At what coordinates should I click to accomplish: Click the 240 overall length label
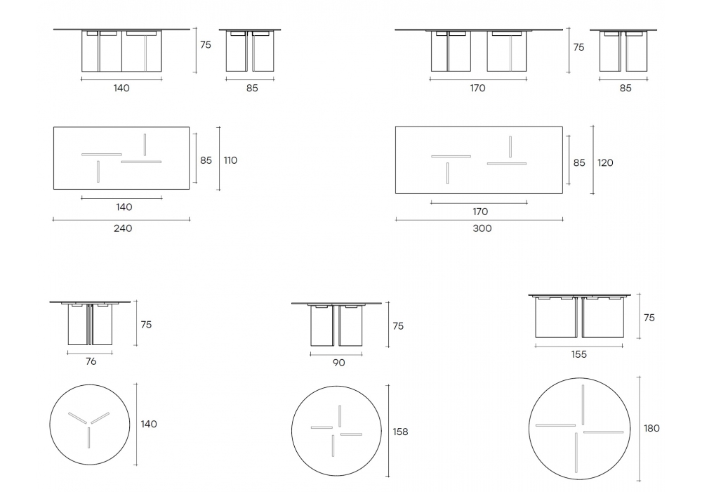point(123,228)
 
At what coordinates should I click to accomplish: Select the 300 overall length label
point(482,228)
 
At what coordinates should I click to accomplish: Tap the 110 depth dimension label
point(230,160)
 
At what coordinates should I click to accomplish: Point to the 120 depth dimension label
point(605,162)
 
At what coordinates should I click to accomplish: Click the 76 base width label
point(91,361)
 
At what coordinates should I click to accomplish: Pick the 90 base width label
point(339,363)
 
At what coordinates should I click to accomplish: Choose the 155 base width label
point(579,354)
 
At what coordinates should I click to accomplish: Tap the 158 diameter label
point(400,432)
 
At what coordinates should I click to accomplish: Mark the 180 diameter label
point(652,428)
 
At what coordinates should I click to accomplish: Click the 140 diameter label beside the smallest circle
point(149,424)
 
